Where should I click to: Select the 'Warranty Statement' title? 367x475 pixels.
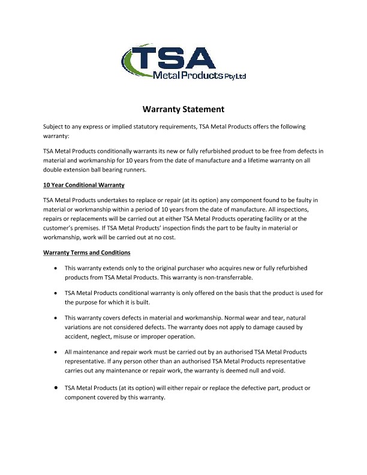183,109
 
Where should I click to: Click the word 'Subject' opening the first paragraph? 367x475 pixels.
55,127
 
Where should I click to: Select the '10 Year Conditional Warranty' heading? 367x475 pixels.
84,185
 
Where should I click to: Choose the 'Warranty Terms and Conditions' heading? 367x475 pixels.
86,252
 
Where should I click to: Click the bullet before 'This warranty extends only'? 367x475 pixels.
55,268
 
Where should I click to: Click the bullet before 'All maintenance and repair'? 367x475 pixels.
55,351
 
